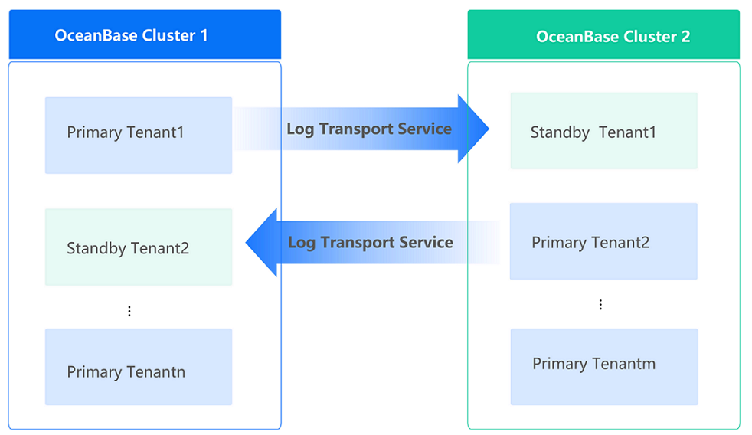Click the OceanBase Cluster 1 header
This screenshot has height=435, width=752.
[145, 34]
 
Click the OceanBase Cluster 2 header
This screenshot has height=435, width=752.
[603, 35]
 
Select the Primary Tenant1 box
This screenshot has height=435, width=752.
[139, 135]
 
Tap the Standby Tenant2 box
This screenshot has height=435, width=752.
[139, 247]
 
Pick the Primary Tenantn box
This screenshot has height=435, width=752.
[139, 367]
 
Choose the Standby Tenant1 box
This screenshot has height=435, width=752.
[603, 131]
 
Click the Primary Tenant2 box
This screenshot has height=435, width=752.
[603, 241]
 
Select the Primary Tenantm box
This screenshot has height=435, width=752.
[603, 367]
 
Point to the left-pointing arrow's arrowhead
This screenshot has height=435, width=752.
[261, 243]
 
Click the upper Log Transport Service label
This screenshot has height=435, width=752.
[369, 129]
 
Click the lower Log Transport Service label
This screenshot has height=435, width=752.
[371, 243]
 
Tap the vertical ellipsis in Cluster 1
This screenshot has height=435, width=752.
[129, 311]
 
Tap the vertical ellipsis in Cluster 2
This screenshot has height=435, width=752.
[600, 305]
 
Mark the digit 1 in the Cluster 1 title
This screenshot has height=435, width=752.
[203, 35]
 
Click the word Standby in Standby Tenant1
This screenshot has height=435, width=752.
[560, 132]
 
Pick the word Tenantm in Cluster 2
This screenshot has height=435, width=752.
[625, 364]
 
